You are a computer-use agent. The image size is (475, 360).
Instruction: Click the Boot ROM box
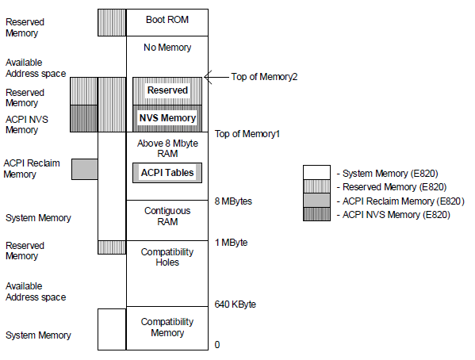(167, 22)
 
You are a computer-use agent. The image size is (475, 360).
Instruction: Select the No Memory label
(167, 48)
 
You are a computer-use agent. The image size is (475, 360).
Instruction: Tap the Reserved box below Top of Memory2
(167, 91)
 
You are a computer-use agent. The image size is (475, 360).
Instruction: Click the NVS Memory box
(167, 118)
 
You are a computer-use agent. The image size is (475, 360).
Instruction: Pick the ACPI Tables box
(167, 173)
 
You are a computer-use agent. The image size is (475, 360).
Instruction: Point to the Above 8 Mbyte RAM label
(167, 148)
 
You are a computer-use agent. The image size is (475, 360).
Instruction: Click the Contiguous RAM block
(167, 220)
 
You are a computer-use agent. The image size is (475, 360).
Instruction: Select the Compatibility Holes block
(167, 274)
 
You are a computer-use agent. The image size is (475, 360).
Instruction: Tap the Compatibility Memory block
(167, 328)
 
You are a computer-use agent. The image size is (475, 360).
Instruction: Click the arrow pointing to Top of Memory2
(216, 77)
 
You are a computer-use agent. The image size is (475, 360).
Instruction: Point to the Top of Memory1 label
(247, 134)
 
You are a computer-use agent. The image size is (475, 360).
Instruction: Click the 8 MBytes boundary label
(233, 201)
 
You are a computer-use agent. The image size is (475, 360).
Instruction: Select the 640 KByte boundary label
(235, 304)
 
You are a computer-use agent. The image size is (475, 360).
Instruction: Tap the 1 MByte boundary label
(231, 243)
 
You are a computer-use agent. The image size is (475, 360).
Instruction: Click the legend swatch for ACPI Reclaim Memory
(316, 201)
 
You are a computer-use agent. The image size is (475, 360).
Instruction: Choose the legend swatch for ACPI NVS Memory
(316, 214)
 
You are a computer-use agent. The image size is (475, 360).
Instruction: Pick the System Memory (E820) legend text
(388, 174)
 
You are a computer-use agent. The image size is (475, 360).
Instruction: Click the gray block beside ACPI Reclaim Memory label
(85, 169)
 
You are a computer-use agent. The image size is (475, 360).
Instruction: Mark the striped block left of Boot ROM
(112, 22)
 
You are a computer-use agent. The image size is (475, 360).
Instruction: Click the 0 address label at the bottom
(217, 345)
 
